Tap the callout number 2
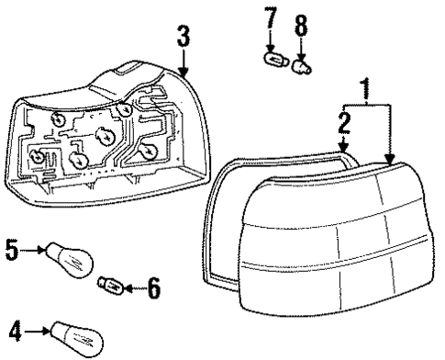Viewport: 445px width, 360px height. coord(343,123)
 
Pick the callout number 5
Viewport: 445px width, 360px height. coord(12,248)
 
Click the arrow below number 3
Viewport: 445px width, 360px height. coord(184,64)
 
